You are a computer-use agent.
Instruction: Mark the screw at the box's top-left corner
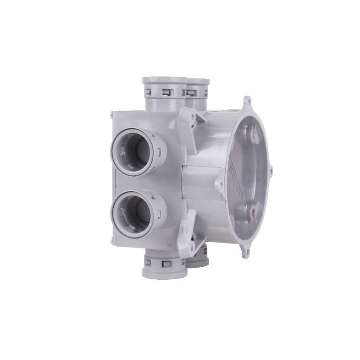[x=112, y=114]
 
